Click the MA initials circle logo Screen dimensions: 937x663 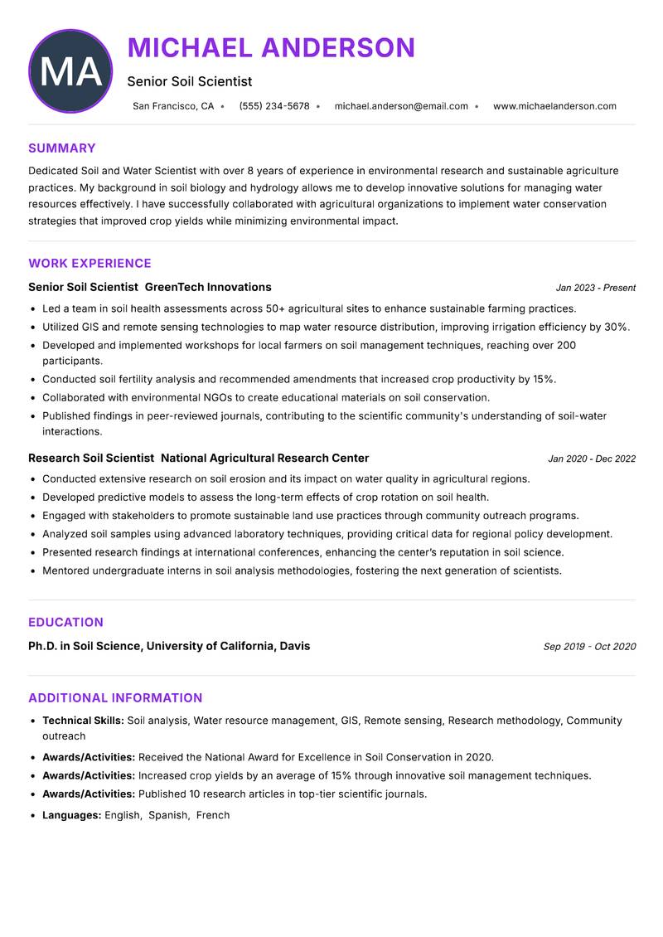pyautogui.click(x=70, y=71)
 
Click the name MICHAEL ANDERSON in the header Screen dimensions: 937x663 pyautogui.click(x=271, y=48)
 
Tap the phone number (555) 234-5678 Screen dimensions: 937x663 pyautogui.click(x=274, y=106)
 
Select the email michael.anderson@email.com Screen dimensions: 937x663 pyautogui.click(x=401, y=106)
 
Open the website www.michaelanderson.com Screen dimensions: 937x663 pyautogui.click(x=554, y=106)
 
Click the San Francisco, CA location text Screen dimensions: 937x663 pyautogui.click(x=173, y=106)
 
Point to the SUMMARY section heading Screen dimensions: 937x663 pyautogui.click(x=62, y=148)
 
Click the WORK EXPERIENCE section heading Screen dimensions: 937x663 pyautogui.click(x=90, y=264)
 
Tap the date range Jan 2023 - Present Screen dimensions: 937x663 pyautogui.click(x=595, y=288)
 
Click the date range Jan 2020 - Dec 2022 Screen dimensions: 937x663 pyautogui.click(x=592, y=459)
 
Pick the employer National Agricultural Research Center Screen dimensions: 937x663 pyautogui.click(x=264, y=458)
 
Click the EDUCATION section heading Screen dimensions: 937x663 pyautogui.click(x=65, y=622)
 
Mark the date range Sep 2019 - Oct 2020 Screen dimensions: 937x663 pyautogui.click(x=589, y=647)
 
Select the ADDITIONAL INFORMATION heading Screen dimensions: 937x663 pyautogui.click(x=115, y=698)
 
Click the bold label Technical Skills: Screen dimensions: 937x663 pyautogui.click(x=83, y=721)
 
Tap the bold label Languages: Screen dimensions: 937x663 pyautogui.click(x=72, y=815)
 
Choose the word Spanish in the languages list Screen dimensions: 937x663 pyautogui.click(x=168, y=815)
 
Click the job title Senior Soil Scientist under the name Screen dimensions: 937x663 pyautogui.click(x=190, y=81)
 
